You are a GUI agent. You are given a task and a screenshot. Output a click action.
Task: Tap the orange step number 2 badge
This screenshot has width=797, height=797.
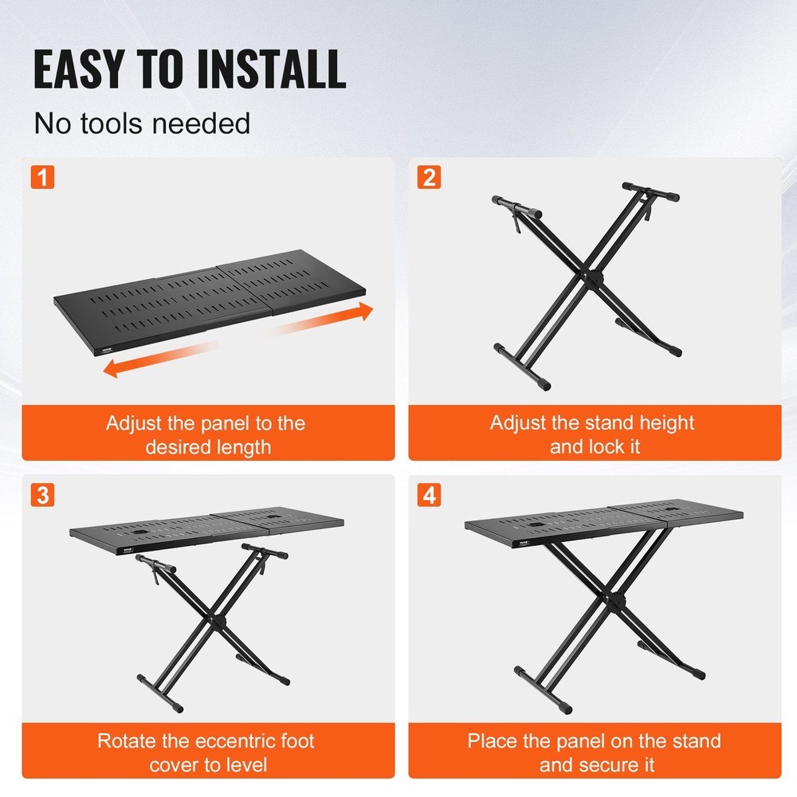430,177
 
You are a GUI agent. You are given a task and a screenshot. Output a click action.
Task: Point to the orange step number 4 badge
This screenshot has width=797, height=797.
430,494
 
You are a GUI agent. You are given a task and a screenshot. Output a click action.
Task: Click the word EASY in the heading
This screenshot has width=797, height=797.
87,69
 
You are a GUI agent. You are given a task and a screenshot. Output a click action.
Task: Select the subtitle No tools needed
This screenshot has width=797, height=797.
142,124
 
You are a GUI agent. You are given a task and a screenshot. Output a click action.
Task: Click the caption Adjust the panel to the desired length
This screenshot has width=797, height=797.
206,434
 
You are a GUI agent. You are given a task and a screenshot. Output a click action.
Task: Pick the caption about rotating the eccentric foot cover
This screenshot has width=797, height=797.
206,752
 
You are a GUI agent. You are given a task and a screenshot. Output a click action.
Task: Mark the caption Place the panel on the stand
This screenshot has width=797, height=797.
594,752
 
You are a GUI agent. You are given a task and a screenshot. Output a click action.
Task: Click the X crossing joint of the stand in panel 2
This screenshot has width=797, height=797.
595,279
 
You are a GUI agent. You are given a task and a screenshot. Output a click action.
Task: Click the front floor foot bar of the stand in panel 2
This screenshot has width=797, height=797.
523,366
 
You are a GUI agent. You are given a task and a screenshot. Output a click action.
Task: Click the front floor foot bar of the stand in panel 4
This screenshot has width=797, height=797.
543,690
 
